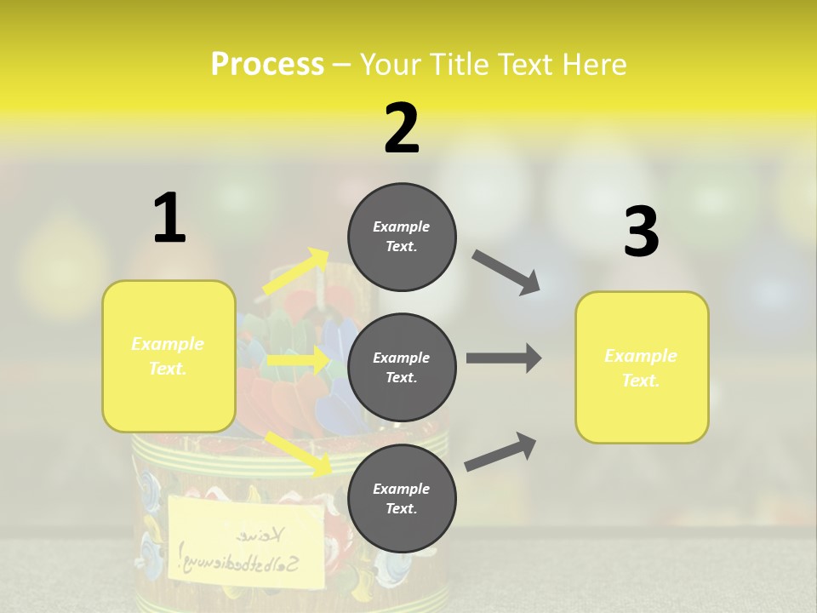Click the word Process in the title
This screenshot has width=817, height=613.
(267, 65)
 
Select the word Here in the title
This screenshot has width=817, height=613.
(592, 65)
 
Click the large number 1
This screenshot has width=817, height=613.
(169, 219)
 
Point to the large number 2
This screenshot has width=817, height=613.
(402, 129)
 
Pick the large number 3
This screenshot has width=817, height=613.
(641, 233)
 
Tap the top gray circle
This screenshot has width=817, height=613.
(402, 237)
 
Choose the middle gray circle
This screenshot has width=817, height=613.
(402, 367)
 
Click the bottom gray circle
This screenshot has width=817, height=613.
(402, 498)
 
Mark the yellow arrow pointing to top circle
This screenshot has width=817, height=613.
(295, 272)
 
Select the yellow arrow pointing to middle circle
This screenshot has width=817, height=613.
(298, 360)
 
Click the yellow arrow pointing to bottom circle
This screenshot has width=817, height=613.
(298, 453)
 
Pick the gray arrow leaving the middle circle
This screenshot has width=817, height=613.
(504, 358)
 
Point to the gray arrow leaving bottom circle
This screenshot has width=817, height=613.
(500, 452)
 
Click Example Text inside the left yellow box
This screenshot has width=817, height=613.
(169, 356)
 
